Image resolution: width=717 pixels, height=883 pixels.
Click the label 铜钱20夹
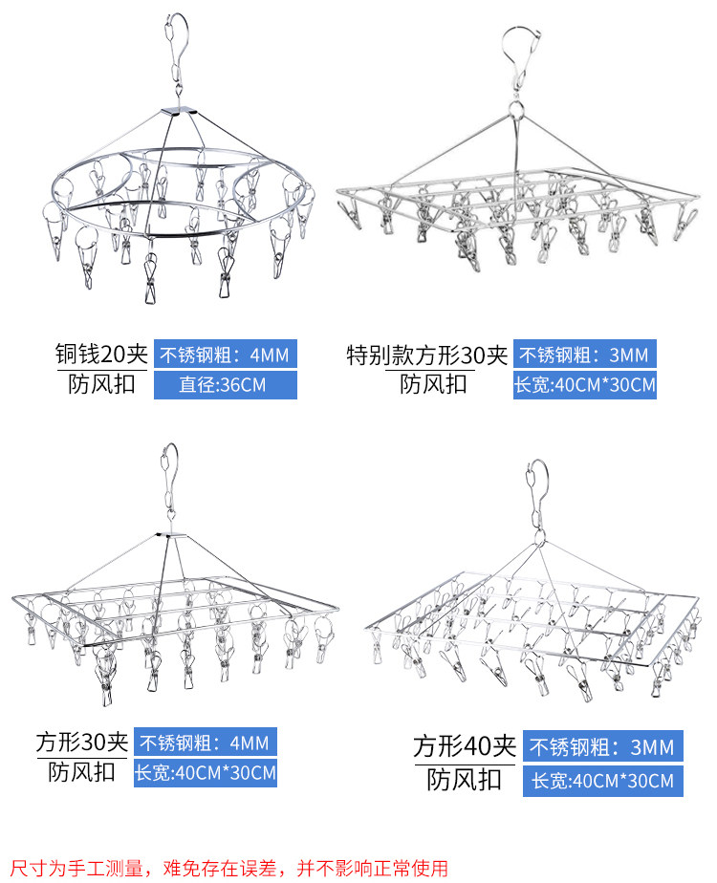point(100,355)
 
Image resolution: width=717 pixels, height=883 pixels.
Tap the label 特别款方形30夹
point(426,355)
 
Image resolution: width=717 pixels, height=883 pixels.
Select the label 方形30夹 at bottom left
point(82,741)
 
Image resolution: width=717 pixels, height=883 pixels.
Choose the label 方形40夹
point(465,745)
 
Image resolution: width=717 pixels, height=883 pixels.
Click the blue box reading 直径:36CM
point(225,385)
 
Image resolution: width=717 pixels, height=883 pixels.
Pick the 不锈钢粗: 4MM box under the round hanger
point(225,355)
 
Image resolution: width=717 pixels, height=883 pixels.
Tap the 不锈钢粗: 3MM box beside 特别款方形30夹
point(585,355)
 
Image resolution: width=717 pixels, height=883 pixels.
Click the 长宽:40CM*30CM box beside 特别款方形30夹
point(585,385)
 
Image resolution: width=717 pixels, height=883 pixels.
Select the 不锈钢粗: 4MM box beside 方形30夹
point(206,742)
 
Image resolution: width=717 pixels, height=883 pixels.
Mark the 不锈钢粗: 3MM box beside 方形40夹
point(602,746)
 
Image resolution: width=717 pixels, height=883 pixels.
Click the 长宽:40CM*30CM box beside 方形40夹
point(602,781)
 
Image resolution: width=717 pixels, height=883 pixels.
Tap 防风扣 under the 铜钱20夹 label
point(100,385)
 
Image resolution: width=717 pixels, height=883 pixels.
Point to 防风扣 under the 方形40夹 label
point(465,779)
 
